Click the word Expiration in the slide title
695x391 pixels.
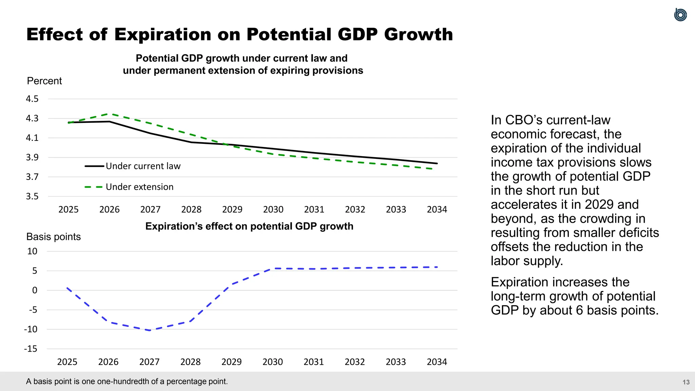click(163, 35)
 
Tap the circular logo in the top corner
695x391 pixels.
click(680, 15)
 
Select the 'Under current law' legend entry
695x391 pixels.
click(143, 166)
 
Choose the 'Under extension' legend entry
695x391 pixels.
click(139, 187)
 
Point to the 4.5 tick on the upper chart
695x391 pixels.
click(32, 99)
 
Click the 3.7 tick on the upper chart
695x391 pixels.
click(32, 177)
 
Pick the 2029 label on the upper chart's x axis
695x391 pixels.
click(232, 209)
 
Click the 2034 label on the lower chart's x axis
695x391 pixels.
click(437, 362)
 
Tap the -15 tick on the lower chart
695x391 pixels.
click(31, 349)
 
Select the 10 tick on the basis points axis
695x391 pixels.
click(32, 252)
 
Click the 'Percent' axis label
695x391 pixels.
click(44, 81)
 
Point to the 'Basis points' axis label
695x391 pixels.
click(54, 237)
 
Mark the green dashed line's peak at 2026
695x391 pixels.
click(109, 114)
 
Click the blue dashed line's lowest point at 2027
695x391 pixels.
click(150, 330)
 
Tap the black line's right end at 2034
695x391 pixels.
click(437, 163)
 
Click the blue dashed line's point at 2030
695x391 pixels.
click(273, 268)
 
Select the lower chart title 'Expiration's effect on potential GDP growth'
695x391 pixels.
click(249, 226)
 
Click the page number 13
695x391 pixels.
click(686, 382)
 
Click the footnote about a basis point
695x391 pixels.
click(127, 381)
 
